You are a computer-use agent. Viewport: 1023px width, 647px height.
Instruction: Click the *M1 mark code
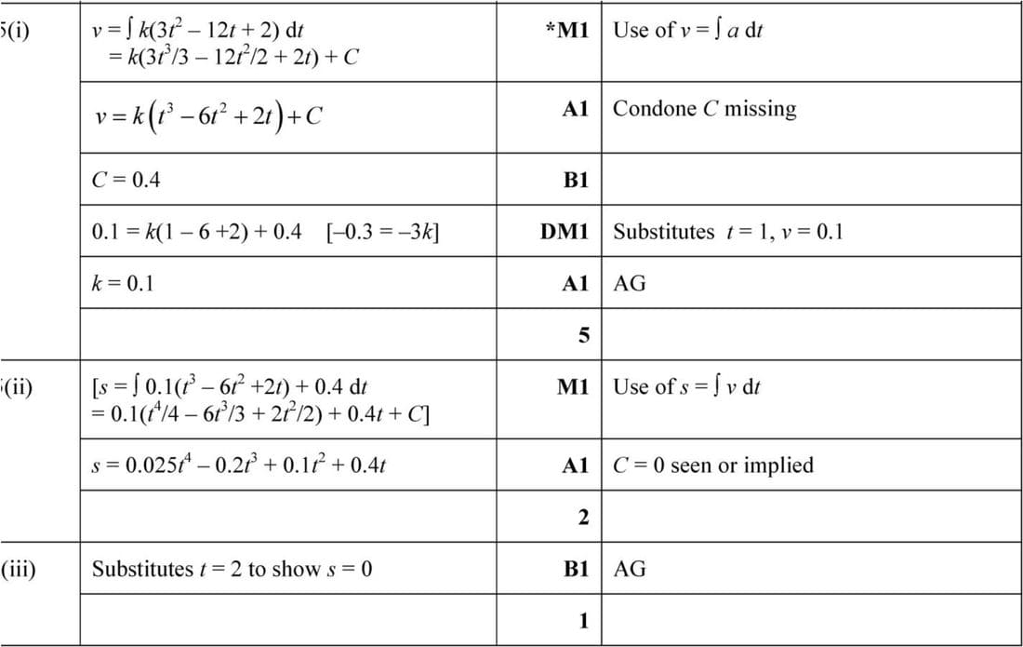[x=567, y=30]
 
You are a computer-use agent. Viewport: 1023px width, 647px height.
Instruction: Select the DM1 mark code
[x=565, y=232]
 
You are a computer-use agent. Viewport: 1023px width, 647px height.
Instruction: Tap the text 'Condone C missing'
[x=704, y=109]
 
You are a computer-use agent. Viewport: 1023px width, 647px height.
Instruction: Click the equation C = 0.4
[x=126, y=180]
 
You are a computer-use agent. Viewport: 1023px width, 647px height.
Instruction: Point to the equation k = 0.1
[x=122, y=283]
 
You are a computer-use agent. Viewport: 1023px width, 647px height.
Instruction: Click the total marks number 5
[x=583, y=335]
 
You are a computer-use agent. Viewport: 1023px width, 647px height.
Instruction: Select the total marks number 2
[x=583, y=518]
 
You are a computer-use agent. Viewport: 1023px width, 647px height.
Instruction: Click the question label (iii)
[x=19, y=568]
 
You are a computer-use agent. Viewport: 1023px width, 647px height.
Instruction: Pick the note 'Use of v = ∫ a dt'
[x=687, y=30]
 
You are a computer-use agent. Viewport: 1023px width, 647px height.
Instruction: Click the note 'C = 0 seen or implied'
[x=712, y=465]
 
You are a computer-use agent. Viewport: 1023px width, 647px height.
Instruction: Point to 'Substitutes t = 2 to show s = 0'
[x=232, y=568]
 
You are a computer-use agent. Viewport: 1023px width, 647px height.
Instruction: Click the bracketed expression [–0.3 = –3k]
[x=383, y=232]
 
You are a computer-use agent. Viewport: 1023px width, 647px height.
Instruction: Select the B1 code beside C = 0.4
[x=576, y=181]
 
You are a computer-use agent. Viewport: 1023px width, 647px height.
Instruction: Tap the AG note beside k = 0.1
[x=630, y=284]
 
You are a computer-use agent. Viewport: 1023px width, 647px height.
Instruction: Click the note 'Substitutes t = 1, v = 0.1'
[x=727, y=232]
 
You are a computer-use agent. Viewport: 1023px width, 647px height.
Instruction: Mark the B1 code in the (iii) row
[x=576, y=569]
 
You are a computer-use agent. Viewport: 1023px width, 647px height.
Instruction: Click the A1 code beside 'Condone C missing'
[x=576, y=109]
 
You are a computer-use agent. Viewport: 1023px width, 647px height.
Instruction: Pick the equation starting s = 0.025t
[x=239, y=465]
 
